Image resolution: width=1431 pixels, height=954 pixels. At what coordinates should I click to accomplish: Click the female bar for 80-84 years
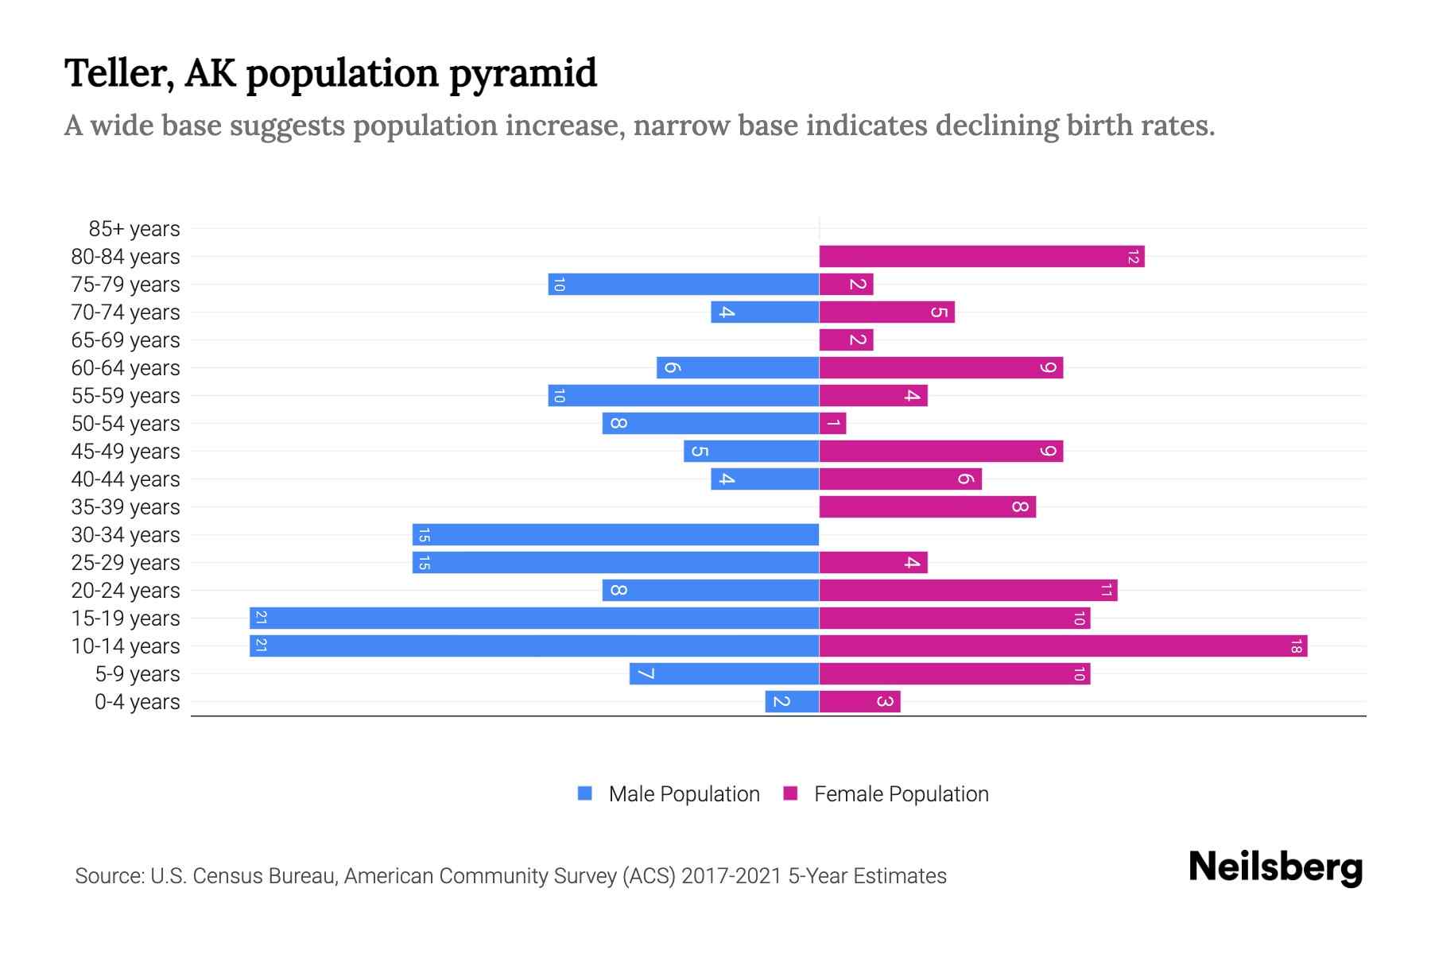pos(981,257)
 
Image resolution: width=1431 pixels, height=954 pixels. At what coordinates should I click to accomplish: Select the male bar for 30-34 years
pos(615,535)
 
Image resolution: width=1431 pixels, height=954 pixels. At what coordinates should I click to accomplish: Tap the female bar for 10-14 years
pos(1063,646)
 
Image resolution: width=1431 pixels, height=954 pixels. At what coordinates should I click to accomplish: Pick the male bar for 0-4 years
pos(792,702)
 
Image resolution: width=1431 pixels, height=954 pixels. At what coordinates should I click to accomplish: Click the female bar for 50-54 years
pos(832,424)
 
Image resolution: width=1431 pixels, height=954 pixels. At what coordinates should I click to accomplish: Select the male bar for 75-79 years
pos(684,285)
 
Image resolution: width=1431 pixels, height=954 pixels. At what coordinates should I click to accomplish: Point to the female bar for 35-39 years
pos(927,507)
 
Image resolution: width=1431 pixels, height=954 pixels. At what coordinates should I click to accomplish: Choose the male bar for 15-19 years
pos(534,619)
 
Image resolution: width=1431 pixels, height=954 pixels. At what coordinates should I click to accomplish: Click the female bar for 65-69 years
pos(846,340)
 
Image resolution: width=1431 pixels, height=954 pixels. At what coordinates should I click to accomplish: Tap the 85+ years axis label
pos(134,229)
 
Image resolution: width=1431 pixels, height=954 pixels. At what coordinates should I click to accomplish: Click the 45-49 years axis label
pos(126,452)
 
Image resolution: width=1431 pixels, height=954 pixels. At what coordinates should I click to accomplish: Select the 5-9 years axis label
pos(137,674)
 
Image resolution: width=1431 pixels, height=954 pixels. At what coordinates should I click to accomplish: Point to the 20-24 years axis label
pos(126,591)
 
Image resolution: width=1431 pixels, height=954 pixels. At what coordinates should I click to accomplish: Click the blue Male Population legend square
pos(585,793)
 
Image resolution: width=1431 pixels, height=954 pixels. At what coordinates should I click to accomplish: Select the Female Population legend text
pos(901,794)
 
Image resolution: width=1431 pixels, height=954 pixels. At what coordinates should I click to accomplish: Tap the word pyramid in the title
pos(522,74)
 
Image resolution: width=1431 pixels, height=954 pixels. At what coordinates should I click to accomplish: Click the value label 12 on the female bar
pos(1133,257)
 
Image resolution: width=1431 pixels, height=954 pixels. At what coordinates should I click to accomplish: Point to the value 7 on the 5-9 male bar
pos(646,674)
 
